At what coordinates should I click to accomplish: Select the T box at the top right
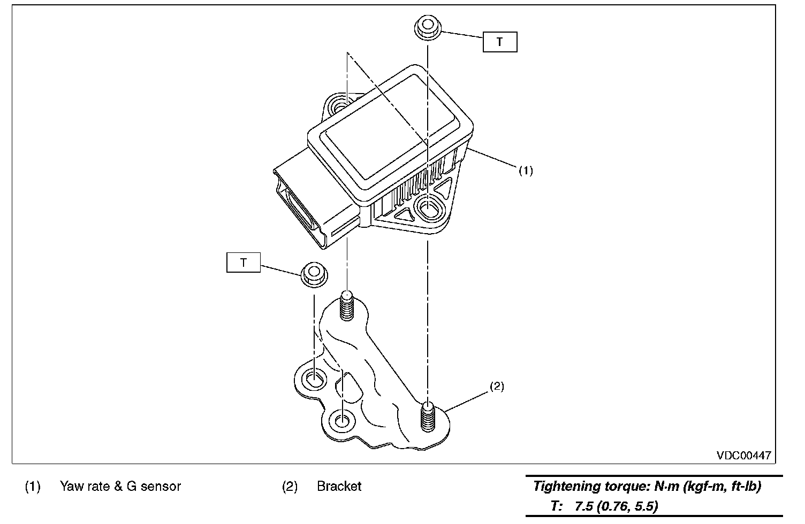pos(500,42)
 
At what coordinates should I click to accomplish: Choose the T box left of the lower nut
pos(244,263)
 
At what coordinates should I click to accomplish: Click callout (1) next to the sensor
pos(526,171)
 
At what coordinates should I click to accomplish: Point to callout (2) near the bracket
pos(497,386)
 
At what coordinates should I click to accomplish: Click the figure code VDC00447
pos(744,455)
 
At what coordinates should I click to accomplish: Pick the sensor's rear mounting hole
pos(341,106)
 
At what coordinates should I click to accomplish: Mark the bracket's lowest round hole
pos(341,420)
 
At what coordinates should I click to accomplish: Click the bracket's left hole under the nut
pos(313,380)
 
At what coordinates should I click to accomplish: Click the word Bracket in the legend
pos(339,487)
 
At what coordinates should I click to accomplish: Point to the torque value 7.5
pos(584,506)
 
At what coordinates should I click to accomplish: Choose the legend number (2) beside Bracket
pos(290,487)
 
